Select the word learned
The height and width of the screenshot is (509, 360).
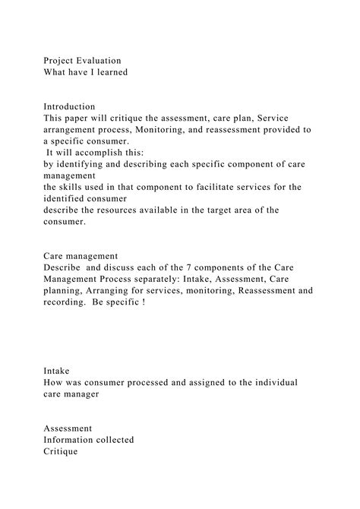[106, 72]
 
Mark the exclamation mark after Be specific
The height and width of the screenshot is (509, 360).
[142, 302]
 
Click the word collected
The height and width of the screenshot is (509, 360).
[113, 440]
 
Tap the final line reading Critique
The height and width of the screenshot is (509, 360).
[61, 451]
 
